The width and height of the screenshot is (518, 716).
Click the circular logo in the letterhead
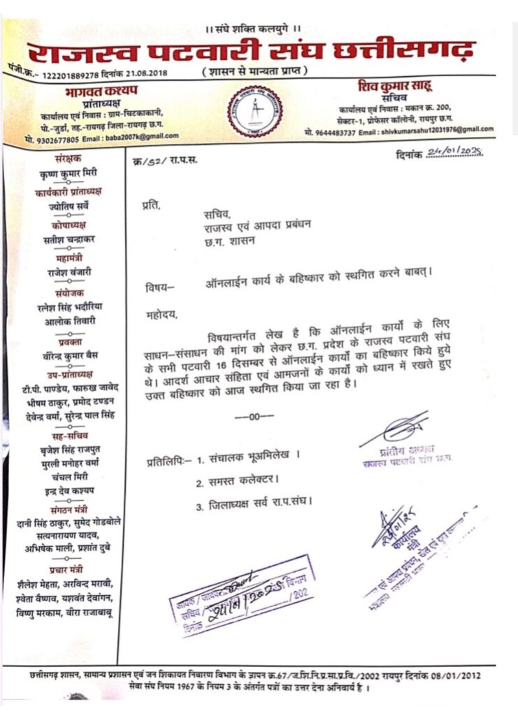[x=258, y=111]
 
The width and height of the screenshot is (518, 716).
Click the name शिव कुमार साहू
[x=396, y=85]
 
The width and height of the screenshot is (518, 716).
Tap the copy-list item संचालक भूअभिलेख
[x=253, y=459]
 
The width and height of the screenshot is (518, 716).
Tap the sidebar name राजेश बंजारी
[x=64, y=272]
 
